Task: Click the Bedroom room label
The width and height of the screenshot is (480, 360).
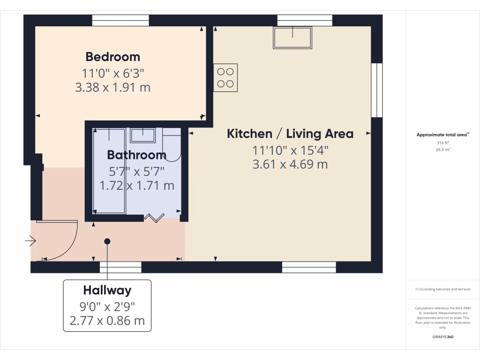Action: click(112, 57)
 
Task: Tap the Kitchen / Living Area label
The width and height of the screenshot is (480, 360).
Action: click(290, 134)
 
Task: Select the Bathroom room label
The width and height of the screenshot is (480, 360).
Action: click(136, 155)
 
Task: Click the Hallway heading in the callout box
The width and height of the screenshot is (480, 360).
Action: click(107, 290)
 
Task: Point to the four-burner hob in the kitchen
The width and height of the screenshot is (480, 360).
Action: click(225, 77)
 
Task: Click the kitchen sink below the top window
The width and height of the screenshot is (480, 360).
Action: click(293, 37)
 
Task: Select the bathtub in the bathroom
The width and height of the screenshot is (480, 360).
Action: click(109, 171)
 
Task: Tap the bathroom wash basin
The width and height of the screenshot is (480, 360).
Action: click(142, 135)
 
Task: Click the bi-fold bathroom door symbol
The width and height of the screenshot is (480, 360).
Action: click(154, 217)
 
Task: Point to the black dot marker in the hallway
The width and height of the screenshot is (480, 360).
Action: click(107, 241)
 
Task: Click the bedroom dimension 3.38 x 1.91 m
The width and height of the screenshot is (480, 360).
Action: click(112, 87)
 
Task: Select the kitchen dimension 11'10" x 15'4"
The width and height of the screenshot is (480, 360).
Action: click(290, 150)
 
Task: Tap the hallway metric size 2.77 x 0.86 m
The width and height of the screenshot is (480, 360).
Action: click(107, 321)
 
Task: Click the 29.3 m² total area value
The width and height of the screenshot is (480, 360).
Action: click(442, 150)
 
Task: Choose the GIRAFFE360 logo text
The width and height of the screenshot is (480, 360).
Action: click(442, 337)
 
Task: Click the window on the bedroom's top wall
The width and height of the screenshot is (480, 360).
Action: click(120, 20)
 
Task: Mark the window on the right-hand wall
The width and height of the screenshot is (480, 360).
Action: click(376, 90)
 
